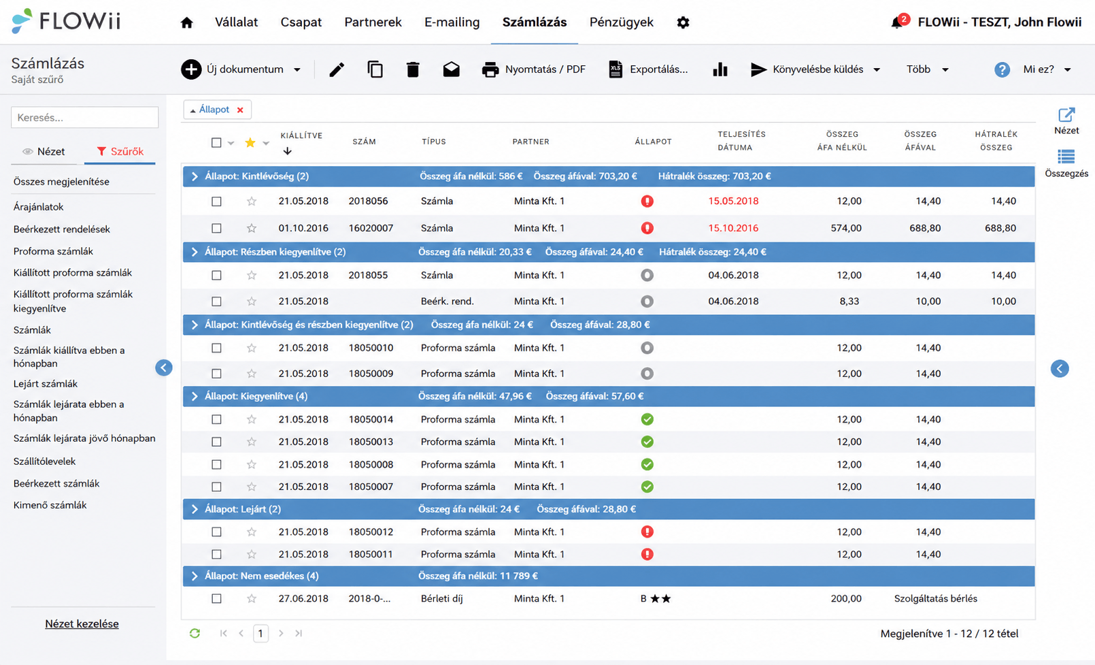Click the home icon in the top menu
pyautogui.click(x=187, y=22)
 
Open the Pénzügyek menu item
pyautogui.click(x=622, y=22)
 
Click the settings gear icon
pyautogui.click(x=683, y=22)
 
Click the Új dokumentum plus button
pyautogui.click(x=191, y=69)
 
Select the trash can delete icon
pyautogui.click(x=413, y=69)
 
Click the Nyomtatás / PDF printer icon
pyautogui.click(x=490, y=69)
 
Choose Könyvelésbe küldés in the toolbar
pyautogui.click(x=818, y=69)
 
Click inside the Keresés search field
pyautogui.click(x=84, y=118)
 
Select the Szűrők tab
pyautogui.click(x=120, y=151)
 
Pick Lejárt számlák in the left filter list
pyautogui.click(x=46, y=384)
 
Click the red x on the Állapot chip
pyautogui.click(x=240, y=110)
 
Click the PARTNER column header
pyautogui.click(x=531, y=142)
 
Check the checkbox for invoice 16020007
pyautogui.click(x=216, y=228)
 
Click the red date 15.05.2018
pyautogui.click(x=733, y=201)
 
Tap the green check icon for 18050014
pyautogui.click(x=647, y=419)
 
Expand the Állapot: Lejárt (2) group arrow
pyautogui.click(x=195, y=509)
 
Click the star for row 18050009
pyautogui.click(x=252, y=374)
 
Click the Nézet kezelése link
pyautogui.click(x=82, y=624)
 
